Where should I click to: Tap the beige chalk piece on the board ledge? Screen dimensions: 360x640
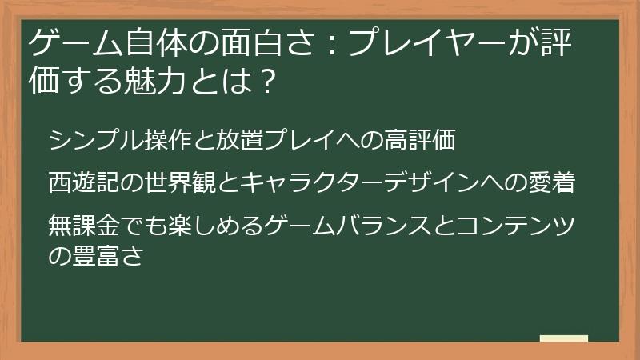point(563,339)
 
